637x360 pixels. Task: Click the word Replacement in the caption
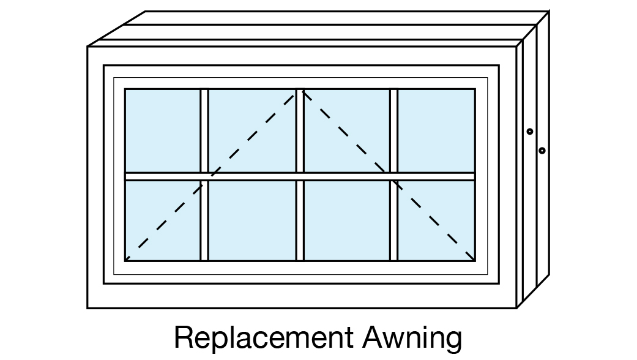264,338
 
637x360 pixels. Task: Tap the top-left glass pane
163,130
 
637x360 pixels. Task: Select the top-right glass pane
436,130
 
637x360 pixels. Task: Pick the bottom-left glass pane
163,220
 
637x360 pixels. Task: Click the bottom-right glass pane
436,220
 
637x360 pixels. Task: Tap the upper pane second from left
252,130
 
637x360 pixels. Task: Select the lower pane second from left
252,220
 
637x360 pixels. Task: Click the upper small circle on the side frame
530,131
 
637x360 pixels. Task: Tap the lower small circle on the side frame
542,150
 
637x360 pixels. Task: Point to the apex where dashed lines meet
300,91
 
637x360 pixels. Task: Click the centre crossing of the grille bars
300,176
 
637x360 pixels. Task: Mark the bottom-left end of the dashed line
127,259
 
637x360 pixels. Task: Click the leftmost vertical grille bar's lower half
204,220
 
